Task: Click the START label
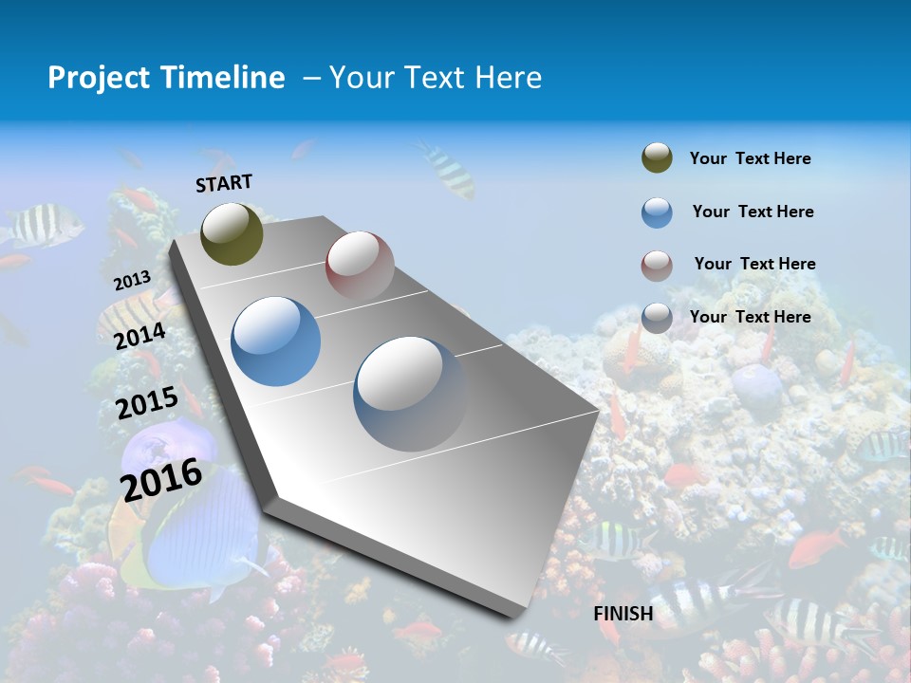pos(224,183)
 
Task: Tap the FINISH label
pos(623,614)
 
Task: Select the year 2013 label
pos(132,281)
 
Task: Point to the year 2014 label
pos(139,337)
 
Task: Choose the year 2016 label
pos(161,479)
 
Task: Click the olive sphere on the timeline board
pos(232,233)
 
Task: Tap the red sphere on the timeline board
pos(360,265)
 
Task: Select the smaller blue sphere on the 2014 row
pos(275,341)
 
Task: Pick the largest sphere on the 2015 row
pos(410,393)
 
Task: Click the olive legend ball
pos(657,158)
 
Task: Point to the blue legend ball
pos(657,212)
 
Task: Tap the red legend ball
pos(657,266)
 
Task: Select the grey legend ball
pos(657,318)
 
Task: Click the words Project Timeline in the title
pos(166,78)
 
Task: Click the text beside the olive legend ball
pos(750,158)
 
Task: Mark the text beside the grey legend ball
pos(750,317)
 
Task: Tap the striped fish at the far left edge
pos(38,225)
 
